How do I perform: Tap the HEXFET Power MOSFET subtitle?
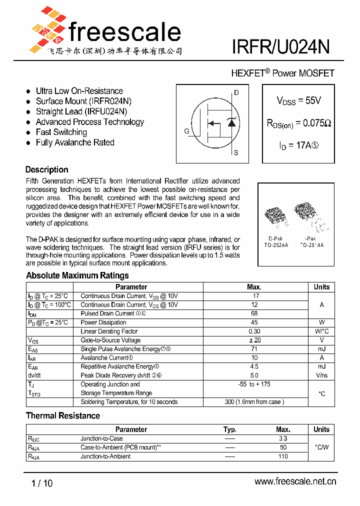click(282, 73)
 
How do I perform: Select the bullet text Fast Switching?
click(61, 132)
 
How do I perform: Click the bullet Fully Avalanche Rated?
click(75, 142)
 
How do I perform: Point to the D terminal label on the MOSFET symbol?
click(236, 93)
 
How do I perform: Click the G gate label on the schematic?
click(186, 131)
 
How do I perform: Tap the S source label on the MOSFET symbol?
click(236, 153)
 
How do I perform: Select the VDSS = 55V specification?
click(298, 100)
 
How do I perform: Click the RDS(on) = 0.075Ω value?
click(298, 123)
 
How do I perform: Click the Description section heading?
click(46, 169)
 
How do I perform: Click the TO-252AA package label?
click(276, 245)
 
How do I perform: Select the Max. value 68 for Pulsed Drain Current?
click(254, 313)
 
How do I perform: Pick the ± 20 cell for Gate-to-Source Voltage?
click(254, 340)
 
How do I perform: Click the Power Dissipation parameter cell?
click(103, 322)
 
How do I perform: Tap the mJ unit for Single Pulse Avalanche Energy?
click(321, 349)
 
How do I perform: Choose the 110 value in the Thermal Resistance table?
click(283, 456)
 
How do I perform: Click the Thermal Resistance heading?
click(63, 416)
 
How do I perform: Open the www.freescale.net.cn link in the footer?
click(295, 481)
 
